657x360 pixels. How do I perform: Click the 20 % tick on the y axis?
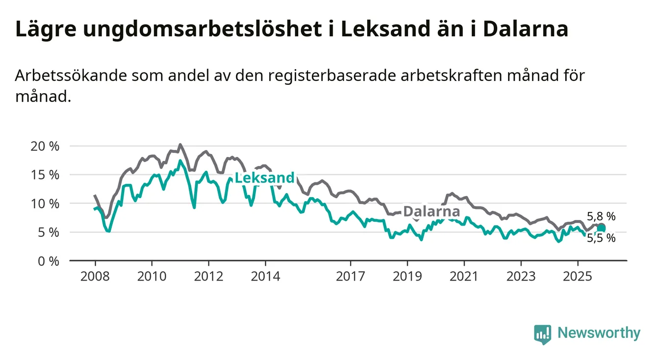46,146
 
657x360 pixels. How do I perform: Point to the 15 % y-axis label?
46,175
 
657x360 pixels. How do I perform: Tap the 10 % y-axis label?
46,204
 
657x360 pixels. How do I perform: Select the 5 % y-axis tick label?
49,232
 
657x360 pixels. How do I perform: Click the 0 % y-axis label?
49,261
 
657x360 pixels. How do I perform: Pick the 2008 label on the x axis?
95,276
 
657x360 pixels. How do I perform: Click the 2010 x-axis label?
152,276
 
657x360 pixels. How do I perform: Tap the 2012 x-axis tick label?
208,276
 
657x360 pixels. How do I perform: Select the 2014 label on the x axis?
265,276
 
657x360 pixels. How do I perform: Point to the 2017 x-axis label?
350,276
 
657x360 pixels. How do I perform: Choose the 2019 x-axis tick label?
407,276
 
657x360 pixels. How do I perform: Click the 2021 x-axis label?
464,276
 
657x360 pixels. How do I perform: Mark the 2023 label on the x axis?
521,276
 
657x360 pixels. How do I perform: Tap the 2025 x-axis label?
578,276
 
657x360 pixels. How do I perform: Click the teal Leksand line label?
265,178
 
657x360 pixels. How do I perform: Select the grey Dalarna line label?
431,212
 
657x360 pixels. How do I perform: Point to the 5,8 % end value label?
601,216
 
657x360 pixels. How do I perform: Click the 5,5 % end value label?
601,238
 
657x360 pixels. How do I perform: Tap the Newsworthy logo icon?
542,334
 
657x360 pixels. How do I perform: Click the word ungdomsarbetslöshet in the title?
203,29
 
